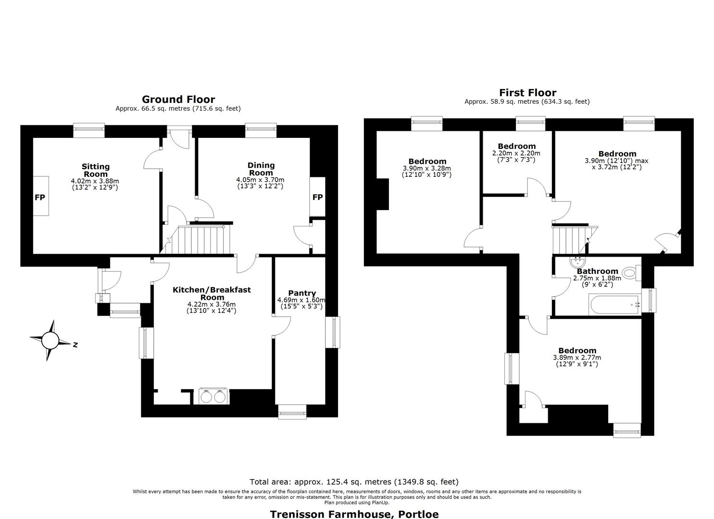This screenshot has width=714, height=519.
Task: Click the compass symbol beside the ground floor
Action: pos(50,340)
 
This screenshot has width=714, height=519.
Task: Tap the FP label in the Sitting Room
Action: pos(40,198)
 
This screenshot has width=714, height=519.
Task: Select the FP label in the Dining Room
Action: pos(317,197)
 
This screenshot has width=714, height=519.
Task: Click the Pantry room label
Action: pos(302,293)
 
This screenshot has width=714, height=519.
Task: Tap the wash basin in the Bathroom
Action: pos(577,262)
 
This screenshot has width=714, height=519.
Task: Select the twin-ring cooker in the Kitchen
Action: pos(213,396)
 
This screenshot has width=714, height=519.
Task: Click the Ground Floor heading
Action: pos(178,99)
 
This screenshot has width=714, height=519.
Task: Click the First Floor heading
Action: pos(527,92)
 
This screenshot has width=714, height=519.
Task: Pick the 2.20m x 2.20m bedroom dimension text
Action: pos(516,153)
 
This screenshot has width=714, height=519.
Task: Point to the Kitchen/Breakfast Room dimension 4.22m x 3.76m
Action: pos(212,304)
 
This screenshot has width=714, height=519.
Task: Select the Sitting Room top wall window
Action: pos(89,130)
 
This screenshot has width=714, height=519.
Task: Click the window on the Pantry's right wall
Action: pos(332,332)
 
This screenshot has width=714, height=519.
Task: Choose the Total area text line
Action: pos(354,482)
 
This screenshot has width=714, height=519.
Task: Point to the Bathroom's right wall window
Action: pos(649,300)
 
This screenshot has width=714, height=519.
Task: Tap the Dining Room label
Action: pos(261,169)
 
